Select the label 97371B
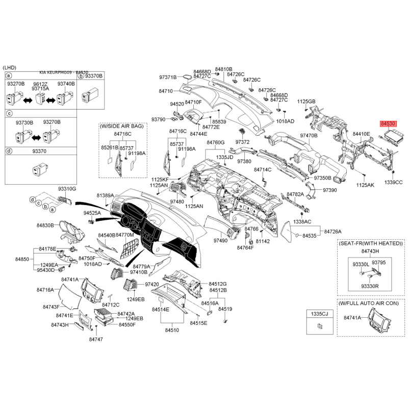pyautogui.click(x=167, y=77)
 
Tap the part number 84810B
pyautogui.click(x=223, y=69)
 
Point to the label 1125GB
pyautogui.click(x=307, y=101)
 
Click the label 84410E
pyautogui.click(x=361, y=134)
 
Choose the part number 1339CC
pyautogui.click(x=393, y=182)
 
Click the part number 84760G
pyautogui.click(x=215, y=142)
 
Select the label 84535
pyautogui.click(x=310, y=236)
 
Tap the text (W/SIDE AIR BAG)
pyautogui.click(x=122, y=125)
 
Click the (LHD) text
pyautogui.click(x=10, y=68)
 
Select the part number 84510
pyautogui.click(x=172, y=330)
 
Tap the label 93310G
pyautogui.click(x=67, y=188)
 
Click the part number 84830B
pyautogui.click(x=45, y=225)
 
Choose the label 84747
pyautogui.click(x=95, y=339)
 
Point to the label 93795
pyautogui.click(x=379, y=262)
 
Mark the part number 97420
pyautogui.click(x=152, y=284)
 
